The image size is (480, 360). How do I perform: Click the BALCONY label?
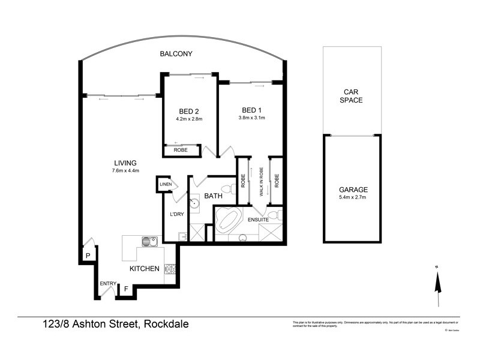(176, 54)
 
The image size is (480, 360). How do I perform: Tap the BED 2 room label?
(189, 111)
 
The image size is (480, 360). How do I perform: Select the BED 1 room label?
(252, 110)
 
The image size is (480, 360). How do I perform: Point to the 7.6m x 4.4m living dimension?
(125, 170)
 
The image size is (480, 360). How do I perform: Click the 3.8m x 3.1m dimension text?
(252, 118)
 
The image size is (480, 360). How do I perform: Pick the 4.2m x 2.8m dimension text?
(189, 119)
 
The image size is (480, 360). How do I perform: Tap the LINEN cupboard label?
(166, 184)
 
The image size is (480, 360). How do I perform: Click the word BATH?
(214, 196)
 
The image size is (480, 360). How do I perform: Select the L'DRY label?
(176, 214)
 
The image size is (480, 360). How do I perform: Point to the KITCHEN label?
(145, 269)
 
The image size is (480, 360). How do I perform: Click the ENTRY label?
(108, 283)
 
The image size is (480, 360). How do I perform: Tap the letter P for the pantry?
(88, 255)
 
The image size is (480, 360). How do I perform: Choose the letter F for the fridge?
(126, 290)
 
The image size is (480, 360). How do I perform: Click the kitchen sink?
(149, 242)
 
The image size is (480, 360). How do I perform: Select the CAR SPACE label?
(351, 96)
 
